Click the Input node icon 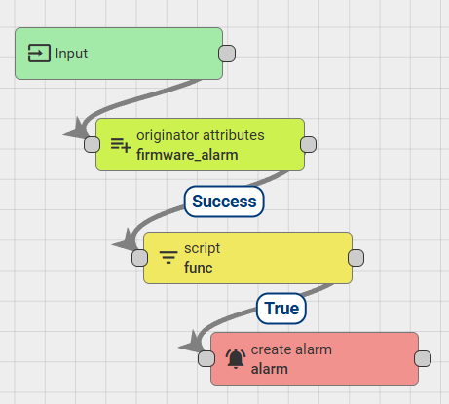pyautogui.click(x=39, y=53)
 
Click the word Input pyautogui.click(x=71, y=54)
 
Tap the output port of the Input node pyautogui.click(x=227, y=54)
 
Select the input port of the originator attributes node pyautogui.click(x=93, y=144)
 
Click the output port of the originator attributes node pyautogui.click(x=309, y=144)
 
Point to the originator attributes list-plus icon pyautogui.click(x=121, y=145)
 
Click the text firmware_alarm pyautogui.click(x=187, y=155)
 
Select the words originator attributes pyautogui.click(x=201, y=135)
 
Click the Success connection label pyautogui.click(x=224, y=202)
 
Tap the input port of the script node pyautogui.click(x=140, y=258)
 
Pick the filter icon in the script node pyautogui.click(x=168, y=257)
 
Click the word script pyautogui.click(x=203, y=249)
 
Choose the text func pyautogui.click(x=199, y=268)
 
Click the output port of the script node pyautogui.click(x=355, y=258)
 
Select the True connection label pyautogui.click(x=281, y=309)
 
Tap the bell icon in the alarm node pyautogui.click(x=236, y=359)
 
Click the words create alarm pyautogui.click(x=291, y=349)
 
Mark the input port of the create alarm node pyautogui.click(x=206, y=359)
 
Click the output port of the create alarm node pyautogui.click(x=423, y=359)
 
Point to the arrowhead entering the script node pyautogui.click(x=126, y=241)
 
